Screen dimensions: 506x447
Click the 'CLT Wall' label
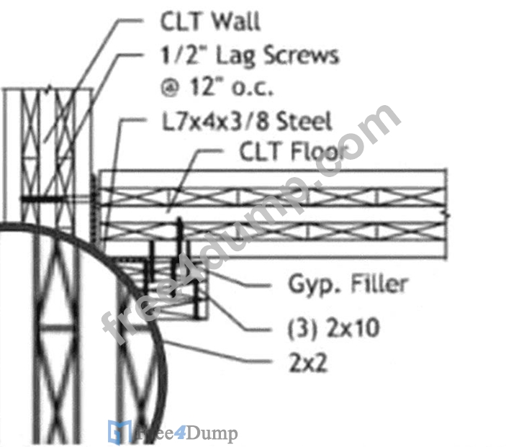point(210,22)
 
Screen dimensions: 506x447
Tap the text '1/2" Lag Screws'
point(250,56)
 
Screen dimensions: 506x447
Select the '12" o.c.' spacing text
point(232,88)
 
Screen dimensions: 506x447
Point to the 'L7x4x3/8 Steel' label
point(247,121)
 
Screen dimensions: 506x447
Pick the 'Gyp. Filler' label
point(348,284)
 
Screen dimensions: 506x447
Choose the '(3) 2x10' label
point(333,328)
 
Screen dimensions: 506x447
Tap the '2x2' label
point(307,363)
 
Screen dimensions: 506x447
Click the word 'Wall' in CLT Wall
point(235,22)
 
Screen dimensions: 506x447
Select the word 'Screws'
point(302,55)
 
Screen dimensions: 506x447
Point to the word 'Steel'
point(304,121)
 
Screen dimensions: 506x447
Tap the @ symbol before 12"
point(170,88)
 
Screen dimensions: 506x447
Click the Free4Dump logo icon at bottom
point(119,432)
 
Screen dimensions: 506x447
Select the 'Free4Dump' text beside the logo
point(186,433)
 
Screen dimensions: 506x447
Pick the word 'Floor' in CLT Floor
point(320,151)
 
